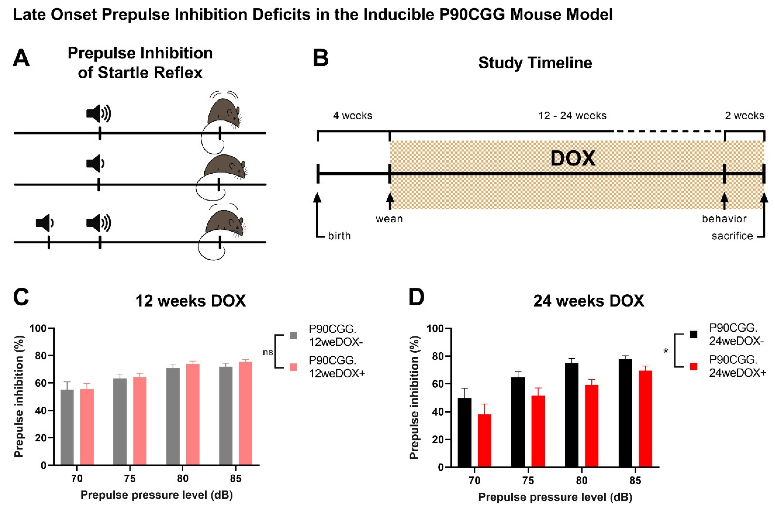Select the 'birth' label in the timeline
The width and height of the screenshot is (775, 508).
coord(339,236)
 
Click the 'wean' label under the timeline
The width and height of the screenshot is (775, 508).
coord(389,219)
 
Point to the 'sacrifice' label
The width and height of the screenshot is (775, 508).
coord(732,236)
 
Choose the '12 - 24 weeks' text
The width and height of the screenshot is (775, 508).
coord(572,116)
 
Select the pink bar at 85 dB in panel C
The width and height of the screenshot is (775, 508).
coord(246,414)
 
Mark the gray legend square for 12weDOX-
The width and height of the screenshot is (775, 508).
coord(293,335)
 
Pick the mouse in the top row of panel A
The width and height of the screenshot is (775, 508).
coord(225,114)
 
